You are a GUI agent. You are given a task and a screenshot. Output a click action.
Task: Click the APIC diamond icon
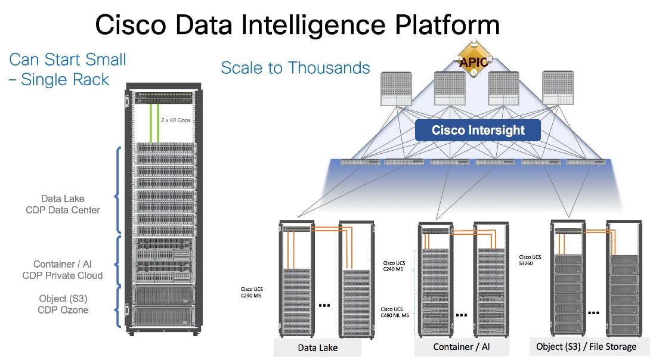pyautogui.click(x=472, y=61)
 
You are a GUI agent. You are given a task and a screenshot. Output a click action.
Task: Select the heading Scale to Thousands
pyautogui.click(x=295, y=68)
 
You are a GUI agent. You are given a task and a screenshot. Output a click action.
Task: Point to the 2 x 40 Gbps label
pyautogui.click(x=176, y=120)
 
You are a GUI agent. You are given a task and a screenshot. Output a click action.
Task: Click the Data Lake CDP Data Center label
pyautogui.click(x=63, y=204)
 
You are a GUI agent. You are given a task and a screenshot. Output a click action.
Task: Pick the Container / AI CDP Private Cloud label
pyautogui.click(x=63, y=269)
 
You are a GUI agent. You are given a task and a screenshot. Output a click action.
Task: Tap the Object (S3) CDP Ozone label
pyautogui.click(x=63, y=304)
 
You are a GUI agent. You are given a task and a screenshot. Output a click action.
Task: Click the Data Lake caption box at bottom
pyautogui.click(x=317, y=347)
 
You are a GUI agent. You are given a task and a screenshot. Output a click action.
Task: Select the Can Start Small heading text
pyautogui.click(x=68, y=60)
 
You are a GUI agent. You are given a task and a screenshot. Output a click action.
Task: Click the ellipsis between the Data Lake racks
pyautogui.click(x=325, y=305)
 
